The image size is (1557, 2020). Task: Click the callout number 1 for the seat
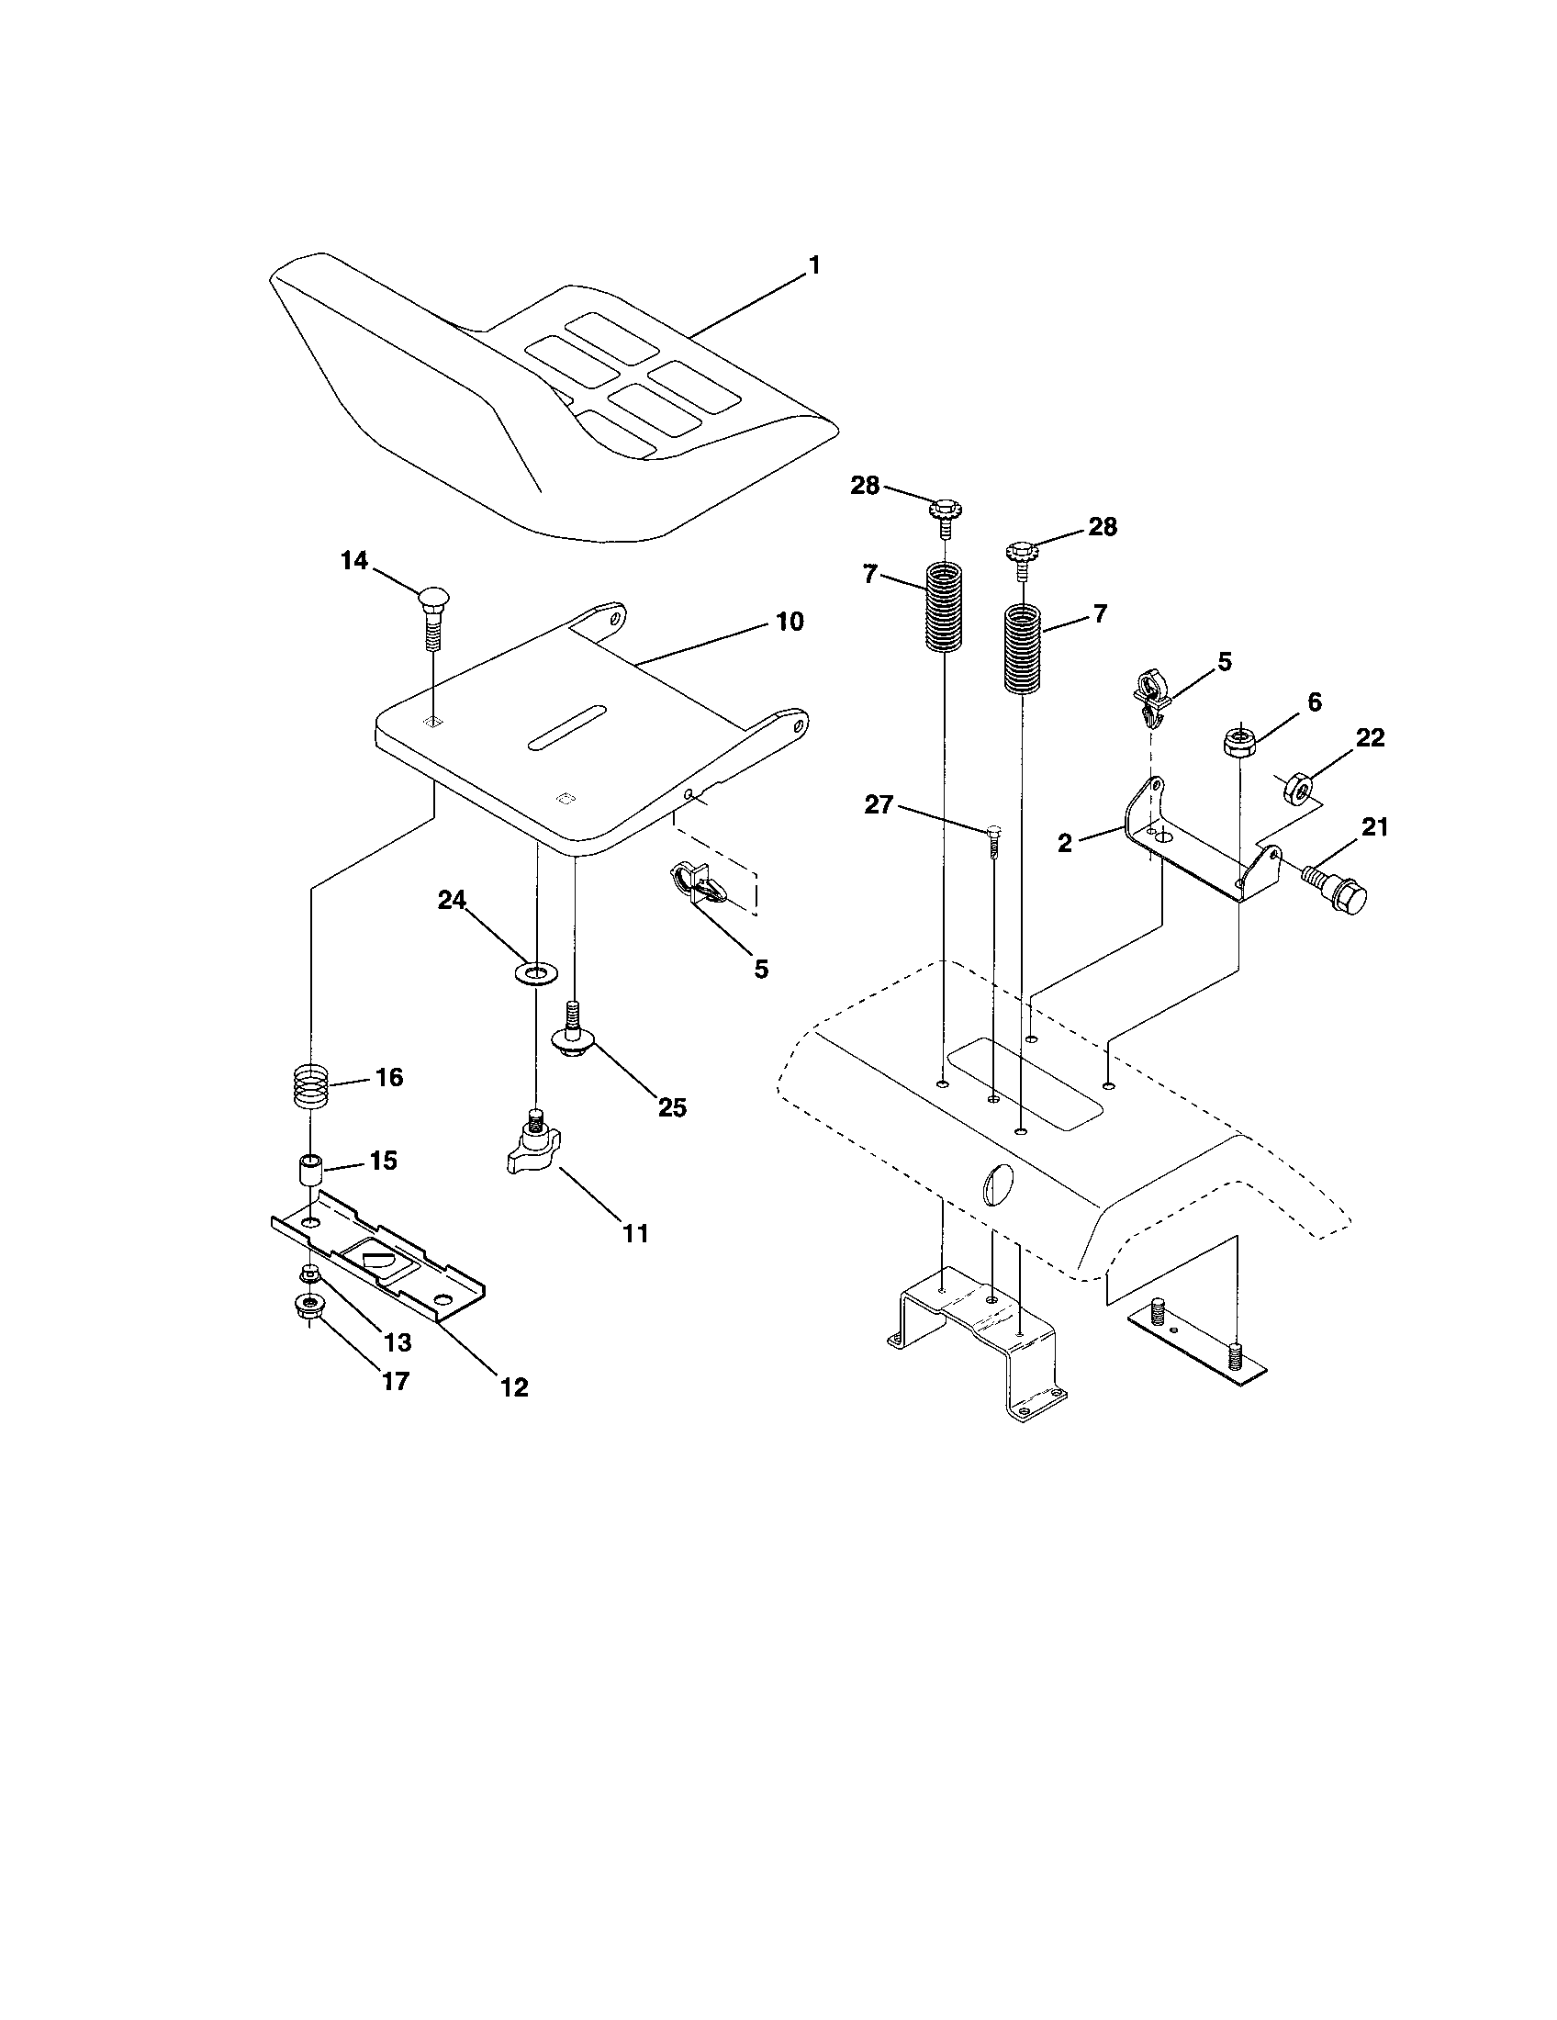point(813,266)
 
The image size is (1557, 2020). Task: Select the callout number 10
point(789,622)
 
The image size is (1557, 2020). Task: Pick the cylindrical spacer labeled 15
point(308,1173)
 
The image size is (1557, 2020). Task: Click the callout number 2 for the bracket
point(1065,843)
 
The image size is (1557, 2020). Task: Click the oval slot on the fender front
point(1001,1182)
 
